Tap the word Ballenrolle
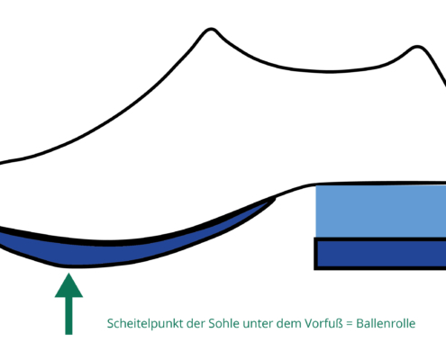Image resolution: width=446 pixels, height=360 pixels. pos(386,323)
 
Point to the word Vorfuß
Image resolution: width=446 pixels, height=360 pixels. pos(323,323)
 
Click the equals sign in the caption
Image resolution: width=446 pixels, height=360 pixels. pos(350,324)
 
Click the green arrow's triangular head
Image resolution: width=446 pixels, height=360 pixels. pos(68,287)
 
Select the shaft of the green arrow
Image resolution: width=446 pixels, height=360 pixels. pos(68,316)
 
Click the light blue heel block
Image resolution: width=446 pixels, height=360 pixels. pos(381,211)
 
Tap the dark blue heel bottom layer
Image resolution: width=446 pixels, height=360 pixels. pos(381,254)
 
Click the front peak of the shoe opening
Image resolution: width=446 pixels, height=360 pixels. pos(211,29)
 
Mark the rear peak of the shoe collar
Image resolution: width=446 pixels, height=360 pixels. pos(417,47)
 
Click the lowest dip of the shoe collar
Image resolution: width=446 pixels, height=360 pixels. pos(329,72)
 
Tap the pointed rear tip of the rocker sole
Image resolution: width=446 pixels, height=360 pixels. pos(275,198)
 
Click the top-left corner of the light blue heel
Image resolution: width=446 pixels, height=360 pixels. pos(316,185)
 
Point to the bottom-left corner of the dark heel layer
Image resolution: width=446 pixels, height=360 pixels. pos(314,269)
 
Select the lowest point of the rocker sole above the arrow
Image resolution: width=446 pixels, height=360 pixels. pos(69,266)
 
